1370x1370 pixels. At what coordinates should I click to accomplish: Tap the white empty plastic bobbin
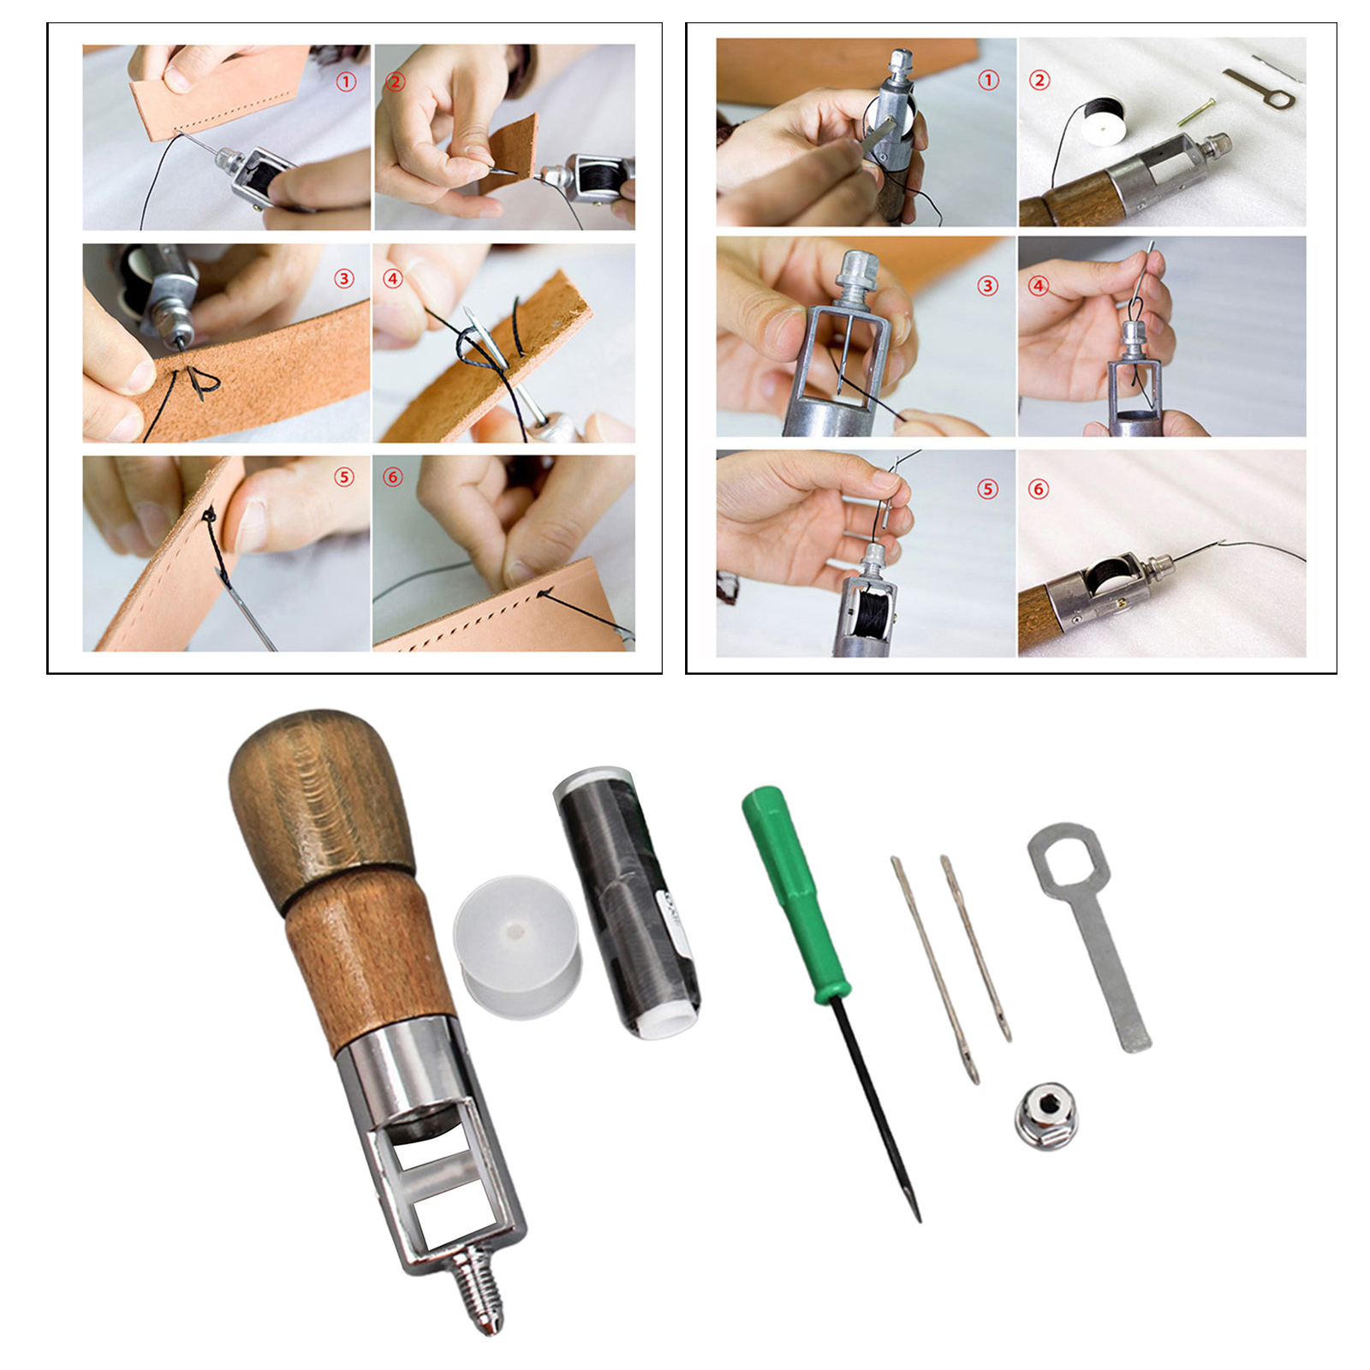pyautogui.click(x=517, y=945)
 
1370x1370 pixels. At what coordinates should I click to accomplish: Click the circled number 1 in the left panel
pyautogui.click(x=346, y=81)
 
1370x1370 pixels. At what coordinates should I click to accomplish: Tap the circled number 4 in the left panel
pyautogui.click(x=393, y=278)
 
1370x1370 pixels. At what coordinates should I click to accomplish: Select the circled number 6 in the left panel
pyautogui.click(x=393, y=477)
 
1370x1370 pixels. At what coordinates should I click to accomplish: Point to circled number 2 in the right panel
pyautogui.click(x=1039, y=80)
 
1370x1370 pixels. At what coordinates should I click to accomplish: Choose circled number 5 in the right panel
pyautogui.click(x=988, y=489)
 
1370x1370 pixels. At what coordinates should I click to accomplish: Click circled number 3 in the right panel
pyautogui.click(x=988, y=285)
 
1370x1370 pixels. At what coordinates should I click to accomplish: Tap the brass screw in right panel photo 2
pyautogui.click(x=1195, y=112)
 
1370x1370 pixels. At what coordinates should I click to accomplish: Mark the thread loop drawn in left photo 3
pyautogui.click(x=201, y=382)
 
